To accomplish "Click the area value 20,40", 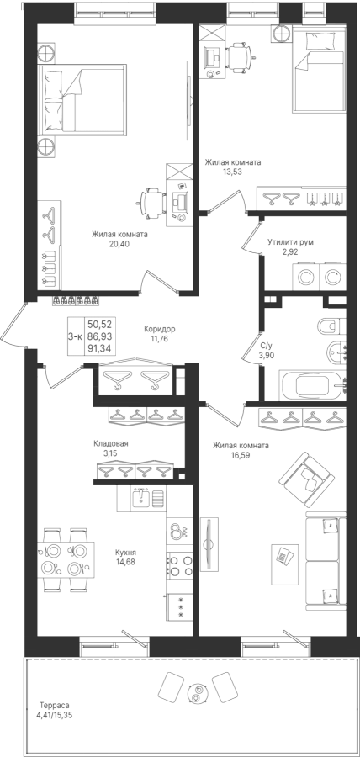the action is tap(119, 244).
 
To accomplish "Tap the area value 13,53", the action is tap(233, 172).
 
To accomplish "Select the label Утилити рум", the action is tap(290, 242).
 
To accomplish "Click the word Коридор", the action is tap(160, 329).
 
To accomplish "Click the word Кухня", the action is tap(125, 553).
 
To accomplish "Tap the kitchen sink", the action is tap(142, 497).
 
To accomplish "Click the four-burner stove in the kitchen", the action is tap(179, 565).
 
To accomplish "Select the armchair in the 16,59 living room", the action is tap(307, 479).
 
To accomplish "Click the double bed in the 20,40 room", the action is tap(83, 98).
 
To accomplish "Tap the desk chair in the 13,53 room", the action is tap(238, 56).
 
